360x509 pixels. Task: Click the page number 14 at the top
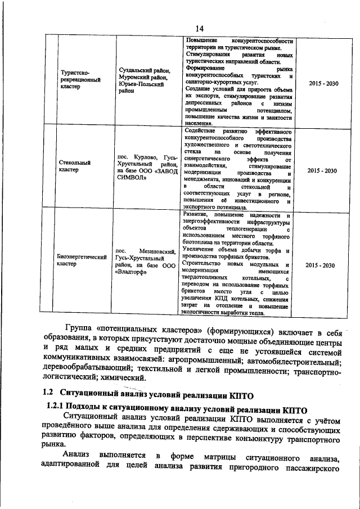click(x=199, y=29)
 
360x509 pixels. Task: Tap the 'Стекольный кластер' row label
click(x=74, y=166)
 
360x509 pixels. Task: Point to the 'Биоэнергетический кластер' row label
click(x=82, y=260)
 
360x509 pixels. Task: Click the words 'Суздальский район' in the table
click(x=144, y=70)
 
